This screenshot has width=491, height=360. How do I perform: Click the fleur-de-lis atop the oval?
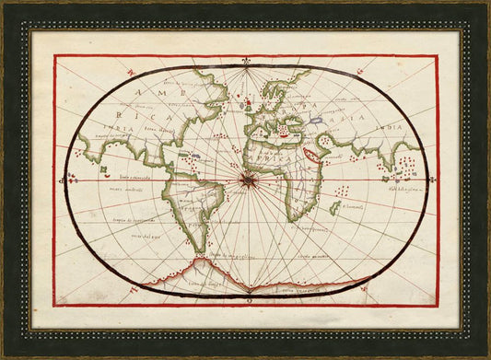click(247, 64)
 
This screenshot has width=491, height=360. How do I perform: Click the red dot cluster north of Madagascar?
click(343, 191)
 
